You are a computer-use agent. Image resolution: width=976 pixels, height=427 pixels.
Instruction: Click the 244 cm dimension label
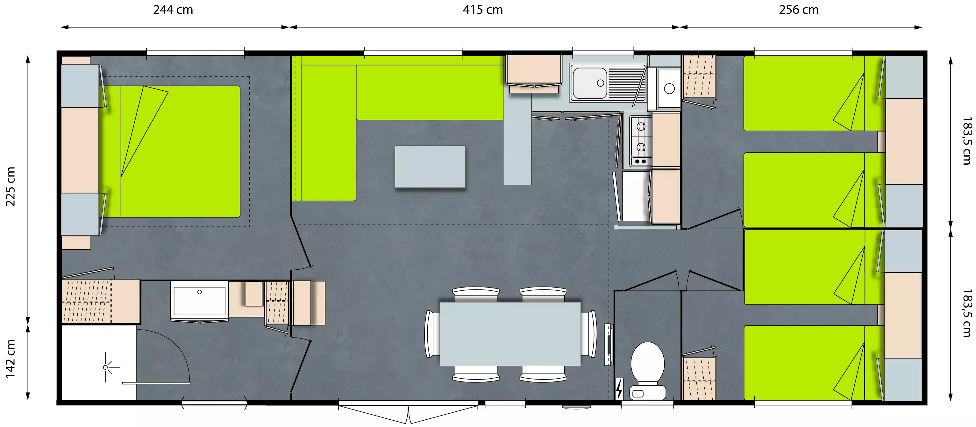(x=173, y=10)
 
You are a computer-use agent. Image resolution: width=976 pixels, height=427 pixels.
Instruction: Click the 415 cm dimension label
(x=483, y=10)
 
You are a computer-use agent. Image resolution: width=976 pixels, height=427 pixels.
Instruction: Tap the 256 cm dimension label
(x=799, y=10)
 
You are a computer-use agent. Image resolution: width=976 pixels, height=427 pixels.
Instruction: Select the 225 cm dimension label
(x=10, y=186)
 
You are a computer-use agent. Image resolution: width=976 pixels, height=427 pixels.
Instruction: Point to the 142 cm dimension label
(x=10, y=359)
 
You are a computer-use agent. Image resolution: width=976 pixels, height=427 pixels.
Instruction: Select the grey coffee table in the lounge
(x=430, y=166)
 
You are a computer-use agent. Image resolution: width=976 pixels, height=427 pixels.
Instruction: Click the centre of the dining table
(x=510, y=334)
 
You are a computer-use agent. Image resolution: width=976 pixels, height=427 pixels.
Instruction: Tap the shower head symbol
(x=106, y=367)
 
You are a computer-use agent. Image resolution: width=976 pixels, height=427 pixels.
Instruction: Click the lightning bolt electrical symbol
(x=619, y=389)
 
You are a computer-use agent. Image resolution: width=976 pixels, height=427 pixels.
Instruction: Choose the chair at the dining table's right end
(x=588, y=334)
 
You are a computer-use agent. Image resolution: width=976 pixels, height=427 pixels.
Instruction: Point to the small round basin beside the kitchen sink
(x=669, y=89)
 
